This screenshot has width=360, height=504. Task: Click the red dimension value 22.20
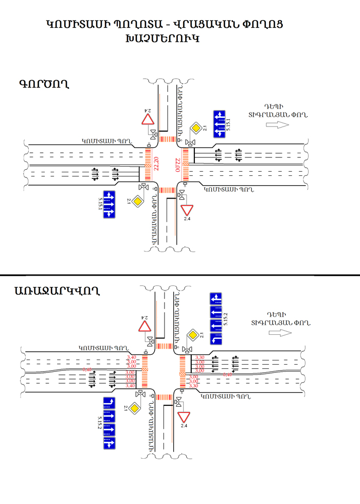tap(155, 165)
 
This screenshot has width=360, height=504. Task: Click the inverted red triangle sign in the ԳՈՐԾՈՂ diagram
tap(187, 210)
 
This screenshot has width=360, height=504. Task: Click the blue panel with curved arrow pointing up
tap(109, 404)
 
